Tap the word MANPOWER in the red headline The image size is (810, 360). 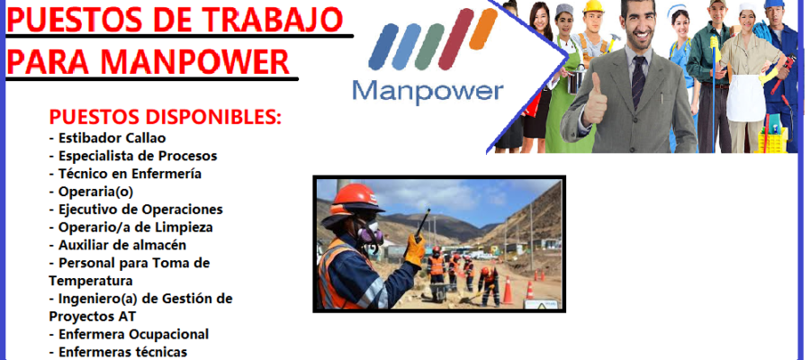click(194, 61)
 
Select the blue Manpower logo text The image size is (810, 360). click(427, 92)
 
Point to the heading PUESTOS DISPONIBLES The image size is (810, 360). click(166, 117)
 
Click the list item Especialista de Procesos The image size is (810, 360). click(133, 156)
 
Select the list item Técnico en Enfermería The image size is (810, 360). click(125, 174)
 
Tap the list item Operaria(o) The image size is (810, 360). click(92, 192)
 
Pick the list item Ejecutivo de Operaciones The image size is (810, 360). click(136, 210)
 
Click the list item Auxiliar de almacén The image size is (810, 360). click(118, 246)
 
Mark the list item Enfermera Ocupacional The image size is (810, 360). click(129, 335)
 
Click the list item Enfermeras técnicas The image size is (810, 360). click(118, 353)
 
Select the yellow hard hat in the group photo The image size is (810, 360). click(594, 6)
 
